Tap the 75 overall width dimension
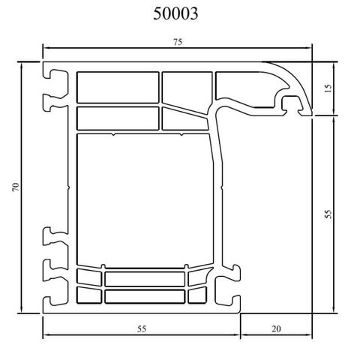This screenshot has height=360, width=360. tap(178, 43)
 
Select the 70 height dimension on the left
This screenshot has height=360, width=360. tap(16, 187)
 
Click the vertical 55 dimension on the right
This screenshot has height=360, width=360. tap(327, 214)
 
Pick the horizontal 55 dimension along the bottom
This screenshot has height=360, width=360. tap(141, 328)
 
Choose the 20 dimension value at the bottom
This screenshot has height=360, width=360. tap(276, 328)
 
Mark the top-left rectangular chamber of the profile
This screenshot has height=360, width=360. tap(117, 87)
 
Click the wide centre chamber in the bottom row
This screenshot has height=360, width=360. tap(144, 279)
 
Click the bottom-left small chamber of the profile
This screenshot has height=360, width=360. tap(88, 295)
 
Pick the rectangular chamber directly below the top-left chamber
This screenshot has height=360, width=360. tap(117, 118)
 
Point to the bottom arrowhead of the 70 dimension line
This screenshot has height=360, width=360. tap(22, 310)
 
